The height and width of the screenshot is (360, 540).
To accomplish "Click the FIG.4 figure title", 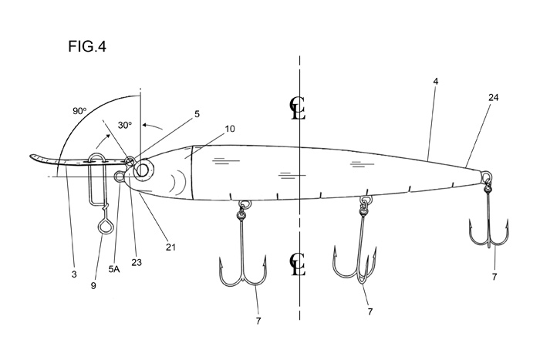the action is coord(87,46).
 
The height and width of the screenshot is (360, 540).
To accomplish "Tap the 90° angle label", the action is coord(79,111).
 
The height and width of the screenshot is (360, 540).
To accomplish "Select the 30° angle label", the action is coord(125,126).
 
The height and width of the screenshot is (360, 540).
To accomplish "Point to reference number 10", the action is coord(230,129).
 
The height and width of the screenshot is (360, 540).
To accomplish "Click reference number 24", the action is coord(493,98).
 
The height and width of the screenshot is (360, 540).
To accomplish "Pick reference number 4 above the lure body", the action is coord(436,82).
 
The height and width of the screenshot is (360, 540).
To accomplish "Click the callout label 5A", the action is coord(114,269).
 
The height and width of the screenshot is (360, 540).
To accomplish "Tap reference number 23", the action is coord(137,262).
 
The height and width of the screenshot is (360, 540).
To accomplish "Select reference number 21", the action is coord(170,247).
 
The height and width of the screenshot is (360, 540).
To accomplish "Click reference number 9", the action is coord(93,285).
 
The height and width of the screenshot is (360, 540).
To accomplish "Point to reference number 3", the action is coord(74,274).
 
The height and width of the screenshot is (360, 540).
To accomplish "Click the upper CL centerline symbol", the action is coord(298,108).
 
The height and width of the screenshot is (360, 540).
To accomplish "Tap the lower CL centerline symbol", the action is coord(298,264).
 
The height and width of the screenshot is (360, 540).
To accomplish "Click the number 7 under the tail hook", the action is coord(494,277).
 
